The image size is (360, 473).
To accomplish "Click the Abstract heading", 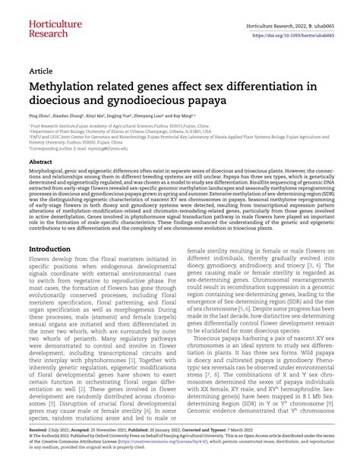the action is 40,162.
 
